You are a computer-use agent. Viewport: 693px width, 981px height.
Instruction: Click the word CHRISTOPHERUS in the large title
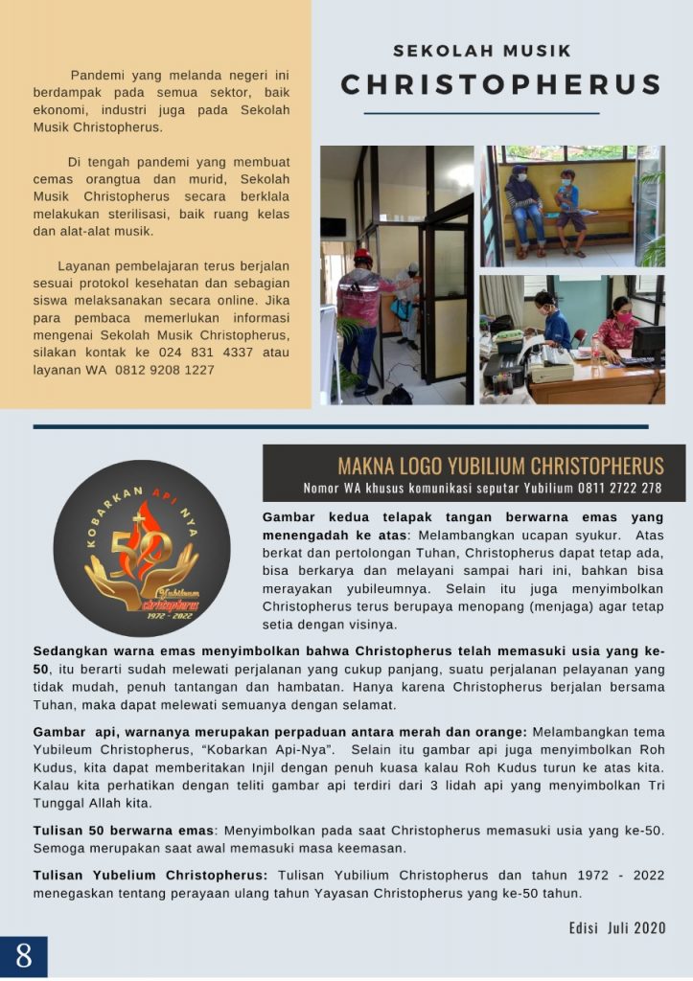point(501,84)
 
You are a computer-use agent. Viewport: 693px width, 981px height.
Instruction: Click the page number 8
point(23,956)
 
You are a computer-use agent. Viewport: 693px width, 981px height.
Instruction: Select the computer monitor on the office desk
point(647,343)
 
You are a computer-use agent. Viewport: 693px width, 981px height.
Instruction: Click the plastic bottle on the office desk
point(595,351)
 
